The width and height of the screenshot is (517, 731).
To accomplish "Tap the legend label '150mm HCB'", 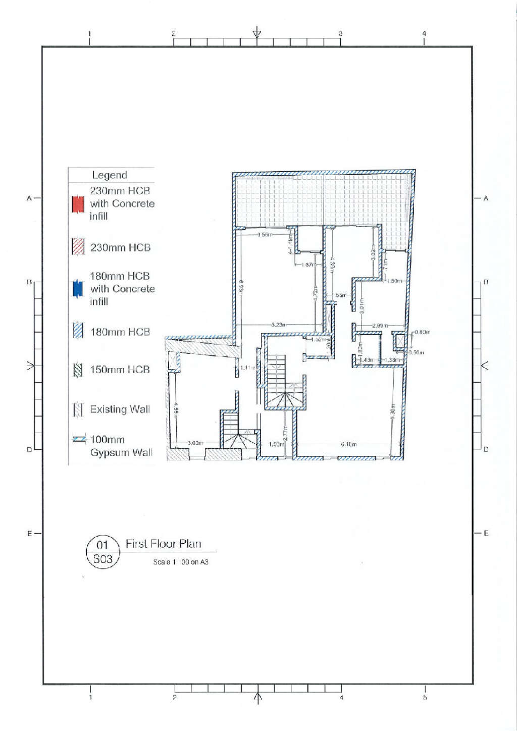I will [x=120, y=370].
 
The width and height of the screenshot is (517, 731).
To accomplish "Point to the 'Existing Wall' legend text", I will [x=120, y=409].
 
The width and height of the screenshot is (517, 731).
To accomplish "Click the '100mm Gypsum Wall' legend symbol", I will [x=79, y=439].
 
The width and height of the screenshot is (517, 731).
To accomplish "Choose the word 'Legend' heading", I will [x=110, y=175].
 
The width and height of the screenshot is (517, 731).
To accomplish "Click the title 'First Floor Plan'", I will [x=163, y=544].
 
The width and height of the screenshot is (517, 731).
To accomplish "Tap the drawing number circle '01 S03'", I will [x=102, y=552].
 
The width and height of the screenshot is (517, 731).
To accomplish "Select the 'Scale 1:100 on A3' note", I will [x=181, y=562].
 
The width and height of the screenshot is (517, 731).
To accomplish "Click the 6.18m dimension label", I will [x=348, y=444].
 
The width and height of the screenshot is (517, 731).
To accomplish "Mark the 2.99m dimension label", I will [x=380, y=326].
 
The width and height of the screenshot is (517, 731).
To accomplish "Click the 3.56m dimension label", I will [x=265, y=234].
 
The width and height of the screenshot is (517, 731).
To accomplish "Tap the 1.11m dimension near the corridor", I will [x=247, y=368].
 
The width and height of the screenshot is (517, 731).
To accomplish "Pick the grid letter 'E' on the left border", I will [x=29, y=534].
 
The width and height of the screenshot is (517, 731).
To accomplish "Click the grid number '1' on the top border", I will [x=90, y=34].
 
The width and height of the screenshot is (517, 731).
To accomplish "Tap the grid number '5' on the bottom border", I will [x=425, y=698].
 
